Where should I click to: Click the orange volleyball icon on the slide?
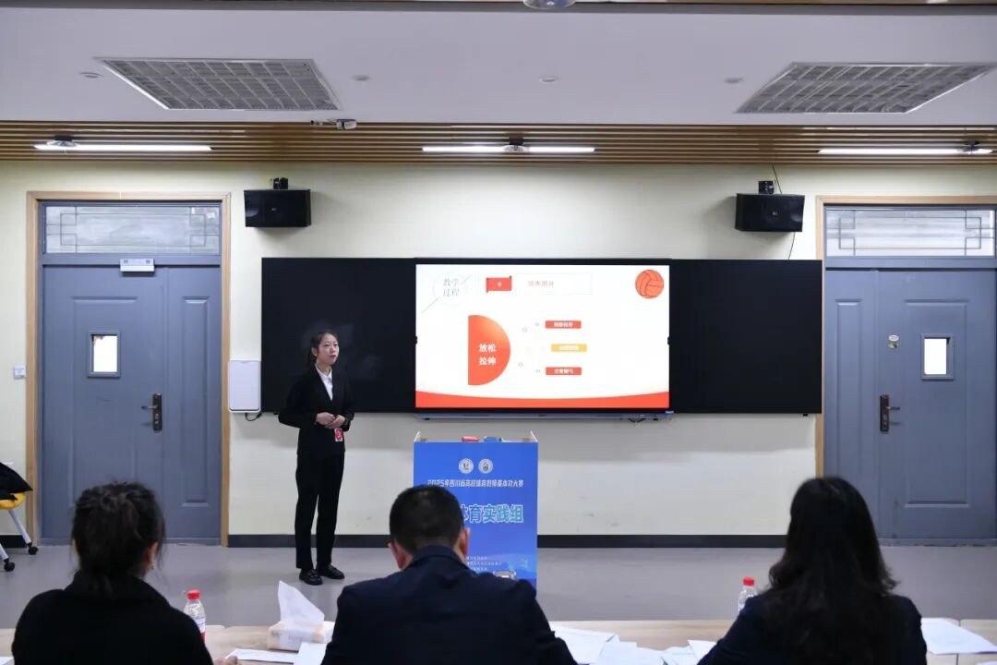[x=649, y=284]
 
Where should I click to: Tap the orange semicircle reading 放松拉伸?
[x=486, y=349]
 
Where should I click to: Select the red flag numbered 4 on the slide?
[x=498, y=284]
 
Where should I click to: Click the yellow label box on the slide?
[x=568, y=348]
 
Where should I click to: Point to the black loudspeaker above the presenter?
[x=277, y=208]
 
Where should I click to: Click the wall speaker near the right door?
[x=769, y=212]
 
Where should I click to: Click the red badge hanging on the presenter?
[x=339, y=433]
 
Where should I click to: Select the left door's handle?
[x=155, y=411]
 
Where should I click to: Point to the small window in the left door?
[x=104, y=354]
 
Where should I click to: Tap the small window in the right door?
[x=935, y=356]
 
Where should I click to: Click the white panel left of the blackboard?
[x=244, y=385]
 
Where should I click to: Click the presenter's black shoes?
[x=319, y=574]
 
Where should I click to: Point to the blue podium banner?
[x=475, y=503]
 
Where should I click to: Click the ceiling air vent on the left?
[x=220, y=84]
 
